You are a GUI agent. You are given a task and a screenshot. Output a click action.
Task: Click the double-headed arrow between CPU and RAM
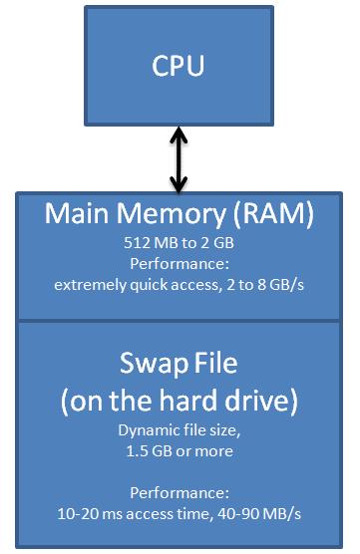tap(179, 158)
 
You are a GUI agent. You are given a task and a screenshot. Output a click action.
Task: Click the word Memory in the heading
tap(170, 216)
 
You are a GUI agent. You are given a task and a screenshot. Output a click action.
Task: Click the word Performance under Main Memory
tap(180, 264)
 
